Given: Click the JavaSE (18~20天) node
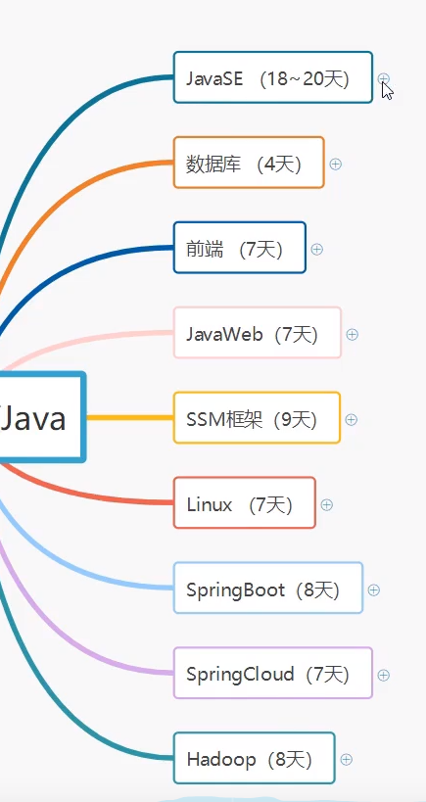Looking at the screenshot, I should pyautogui.click(x=272, y=78).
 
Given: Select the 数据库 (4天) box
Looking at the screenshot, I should pyautogui.click(x=249, y=164).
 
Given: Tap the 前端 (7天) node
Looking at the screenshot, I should pyautogui.click(x=239, y=249).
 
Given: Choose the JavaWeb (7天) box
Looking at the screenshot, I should pyautogui.click(x=257, y=334).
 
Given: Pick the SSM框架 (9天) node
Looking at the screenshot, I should pyautogui.click(x=257, y=419).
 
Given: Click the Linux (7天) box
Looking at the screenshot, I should pyautogui.click(x=244, y=504).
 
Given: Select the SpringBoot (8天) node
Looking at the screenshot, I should pyautogui.click(x=267, y=589).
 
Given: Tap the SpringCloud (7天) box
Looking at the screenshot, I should pyautogui.click(x=272, y=674).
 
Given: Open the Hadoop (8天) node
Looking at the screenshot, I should pyautogui.click(x=254, y=759).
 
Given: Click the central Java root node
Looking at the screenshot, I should pyautogui.click(x=39, y=418).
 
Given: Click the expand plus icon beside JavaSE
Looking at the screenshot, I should pyautogui.click(x=384, y=78).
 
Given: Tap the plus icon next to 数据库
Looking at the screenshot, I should pyautogui.click(x=335, y=164).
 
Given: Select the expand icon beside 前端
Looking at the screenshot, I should pyautogui.click(x=316, y=249).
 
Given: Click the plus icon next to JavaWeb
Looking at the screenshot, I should pyautogui.click(x=352, y=334).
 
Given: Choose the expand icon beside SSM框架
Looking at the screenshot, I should pyautogui.click(x=351, y=419).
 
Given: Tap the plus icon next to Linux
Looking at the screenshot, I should pyautogui.click(x=327, y=504).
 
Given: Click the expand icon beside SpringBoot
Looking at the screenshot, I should pyautogui.click(x=373, y=590).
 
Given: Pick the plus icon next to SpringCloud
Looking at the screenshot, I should pyautogui.click(x=383, y=675).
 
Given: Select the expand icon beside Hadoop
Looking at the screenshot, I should pyautogui.click(x=346, y=759).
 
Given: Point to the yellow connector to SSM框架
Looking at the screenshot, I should pyautogui.click(x=129, y=418).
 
